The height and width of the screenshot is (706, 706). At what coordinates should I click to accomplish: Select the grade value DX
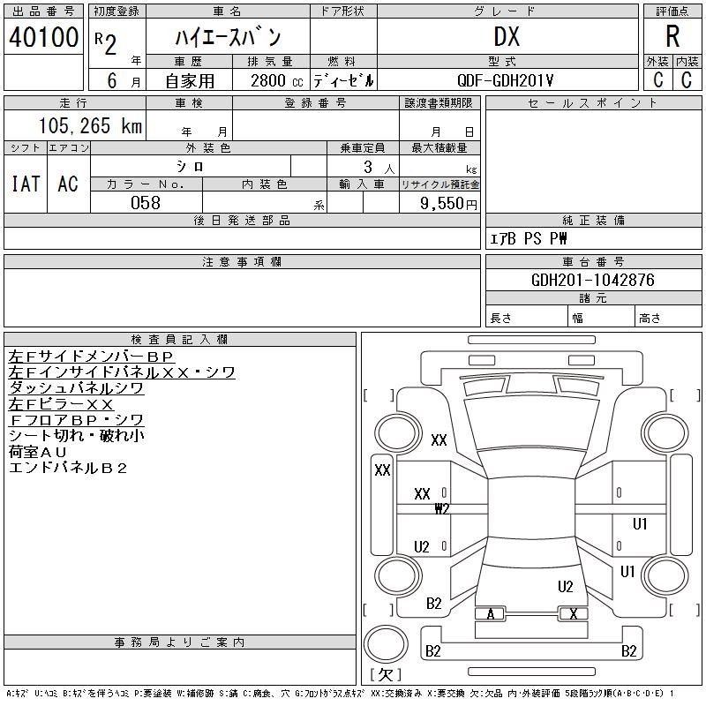pyautogui.click(x=507, y=36)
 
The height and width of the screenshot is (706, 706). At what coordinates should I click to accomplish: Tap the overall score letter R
pyautogui.click(x=672, y=36)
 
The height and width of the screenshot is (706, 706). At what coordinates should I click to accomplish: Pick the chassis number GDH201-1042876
pyautogui.click(x=593, y=280)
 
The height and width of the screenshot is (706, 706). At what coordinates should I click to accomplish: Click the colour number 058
pyautogui.click(x=146, y=202)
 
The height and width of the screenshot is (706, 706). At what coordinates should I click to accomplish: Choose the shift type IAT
pyautogui.click(x=26, y=184)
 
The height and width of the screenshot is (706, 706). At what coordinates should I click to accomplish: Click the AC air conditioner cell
pyautogui.click(x=68, y=184)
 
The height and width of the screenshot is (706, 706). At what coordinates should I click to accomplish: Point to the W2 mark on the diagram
pyautogui.click(x=442, y=508)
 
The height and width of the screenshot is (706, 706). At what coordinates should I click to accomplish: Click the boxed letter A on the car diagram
pyautogui.click(x=491, y=614)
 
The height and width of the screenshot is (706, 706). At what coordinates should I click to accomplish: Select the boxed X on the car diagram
pyautogui.click(x=574, y=614)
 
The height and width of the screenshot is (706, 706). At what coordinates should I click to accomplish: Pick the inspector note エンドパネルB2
pyautogui.click(x=68, y=468)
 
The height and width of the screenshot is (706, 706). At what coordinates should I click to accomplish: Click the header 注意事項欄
pyautogui.click(x=242, y=262)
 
